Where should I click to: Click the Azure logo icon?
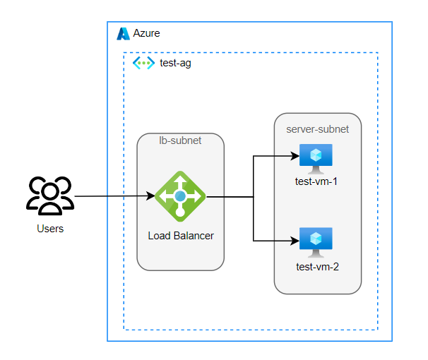tap(124, 34)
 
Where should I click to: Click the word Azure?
tap(147, 34)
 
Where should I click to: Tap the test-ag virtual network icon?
tap(143, 63)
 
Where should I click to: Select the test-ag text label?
tap(175, 64)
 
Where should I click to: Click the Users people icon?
tap(49, 196)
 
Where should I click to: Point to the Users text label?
tap(49, 229)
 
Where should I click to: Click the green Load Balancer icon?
tap(180, 196)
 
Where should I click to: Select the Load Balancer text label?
tap(181, 235)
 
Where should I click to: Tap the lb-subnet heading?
tap(180, 140)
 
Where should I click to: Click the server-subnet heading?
tap(317, 129)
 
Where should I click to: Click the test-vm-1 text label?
tap(316, 181)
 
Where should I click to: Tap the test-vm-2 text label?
tap(317, 266)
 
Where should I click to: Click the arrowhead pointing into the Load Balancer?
tap(150, 196)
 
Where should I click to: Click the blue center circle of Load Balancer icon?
tap(180, 196)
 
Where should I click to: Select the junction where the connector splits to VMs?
tap(254, 197)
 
